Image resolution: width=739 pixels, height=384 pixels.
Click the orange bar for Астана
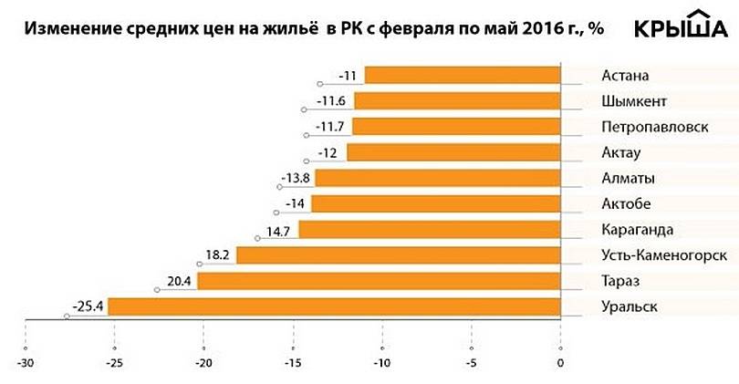coord(462,75)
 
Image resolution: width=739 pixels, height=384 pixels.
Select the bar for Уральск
coord(334,306)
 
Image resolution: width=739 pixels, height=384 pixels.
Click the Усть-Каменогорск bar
coord(398,255)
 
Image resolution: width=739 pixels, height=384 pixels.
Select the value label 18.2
coord(219,255)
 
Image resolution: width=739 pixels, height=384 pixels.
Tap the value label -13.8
coord(295,177)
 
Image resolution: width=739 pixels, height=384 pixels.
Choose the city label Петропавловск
coord(655,126)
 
